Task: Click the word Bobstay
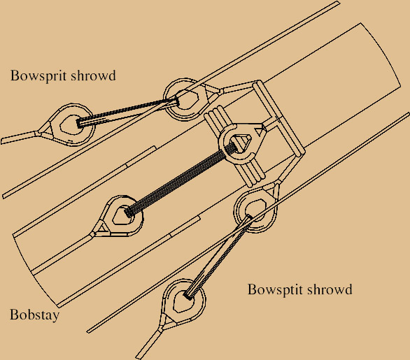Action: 34,315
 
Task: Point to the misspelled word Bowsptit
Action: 274,289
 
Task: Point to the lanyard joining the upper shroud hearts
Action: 128,112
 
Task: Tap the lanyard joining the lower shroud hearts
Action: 218,257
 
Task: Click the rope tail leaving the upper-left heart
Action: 20,137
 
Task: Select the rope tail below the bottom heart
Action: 148,343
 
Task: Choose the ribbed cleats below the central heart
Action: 250,173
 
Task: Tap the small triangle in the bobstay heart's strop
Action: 103,228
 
